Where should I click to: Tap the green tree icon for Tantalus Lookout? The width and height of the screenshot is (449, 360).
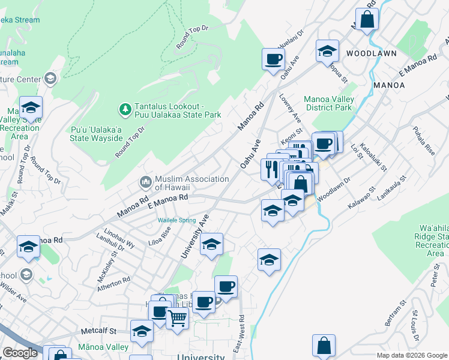[x=125, y=109]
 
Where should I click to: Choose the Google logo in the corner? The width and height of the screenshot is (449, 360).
[x=20, y=353]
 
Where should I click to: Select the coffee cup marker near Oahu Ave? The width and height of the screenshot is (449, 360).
[x=273, y=59]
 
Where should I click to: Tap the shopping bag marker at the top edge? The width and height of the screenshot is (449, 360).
[x=367, y=19]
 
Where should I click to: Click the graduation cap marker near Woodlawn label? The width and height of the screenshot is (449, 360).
[x=327, y=52]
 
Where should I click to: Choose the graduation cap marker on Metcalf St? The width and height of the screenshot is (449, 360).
[x=142, y=332]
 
